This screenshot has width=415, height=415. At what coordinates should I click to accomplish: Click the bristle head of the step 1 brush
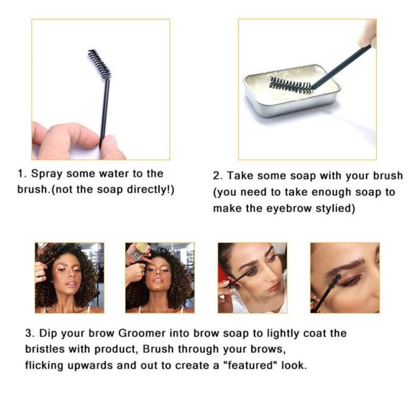click(x=100, y=64)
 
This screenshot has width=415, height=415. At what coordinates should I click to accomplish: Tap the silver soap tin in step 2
click(x=292, y=90)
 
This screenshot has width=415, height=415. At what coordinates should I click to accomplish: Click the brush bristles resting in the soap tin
click(x=290, y=85)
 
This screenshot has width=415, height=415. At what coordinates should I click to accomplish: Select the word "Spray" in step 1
click(x=47, y=174)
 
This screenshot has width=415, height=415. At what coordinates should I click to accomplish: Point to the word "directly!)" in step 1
click(x=150, y=190)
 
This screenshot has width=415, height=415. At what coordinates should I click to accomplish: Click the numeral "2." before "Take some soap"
click(x=218, y=176)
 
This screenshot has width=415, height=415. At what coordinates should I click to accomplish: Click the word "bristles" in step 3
click(x=45, y=349)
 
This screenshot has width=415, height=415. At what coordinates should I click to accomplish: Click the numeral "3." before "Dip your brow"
click(x=30, y=333)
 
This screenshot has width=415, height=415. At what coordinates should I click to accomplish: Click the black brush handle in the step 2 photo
click(x=342, y=67)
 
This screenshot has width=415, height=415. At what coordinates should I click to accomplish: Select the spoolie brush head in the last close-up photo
click(x=334, y=282)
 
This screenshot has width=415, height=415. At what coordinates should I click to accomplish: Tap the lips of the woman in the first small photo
click(x=72, y=284)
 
